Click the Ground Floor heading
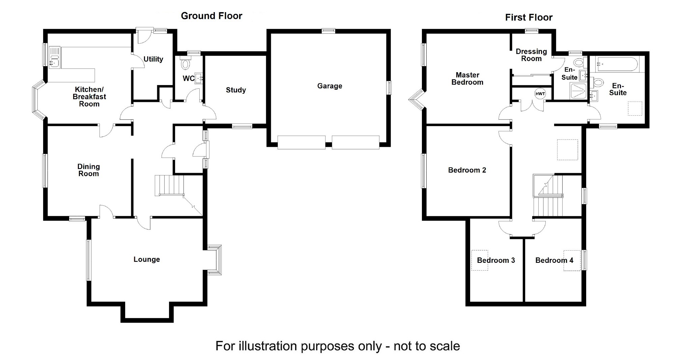[x=211, y=16]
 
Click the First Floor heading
[x=529, y=18]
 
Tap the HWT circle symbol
[x=540, y=94]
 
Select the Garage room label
[x=330, y=86]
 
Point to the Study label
[x=236, y=90]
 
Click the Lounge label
[x=147, y=259]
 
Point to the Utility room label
[x=153, y=59]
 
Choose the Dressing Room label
[x=531, y=55]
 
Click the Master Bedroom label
[x=467, y=79]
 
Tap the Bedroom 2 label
[x=467, y=170]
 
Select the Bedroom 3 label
[x=496, y=260]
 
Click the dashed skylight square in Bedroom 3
[x=479, y=260]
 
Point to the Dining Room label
[x=88, y=170]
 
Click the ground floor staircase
[x=169, y=185]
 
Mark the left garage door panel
[x=302, y=142]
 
